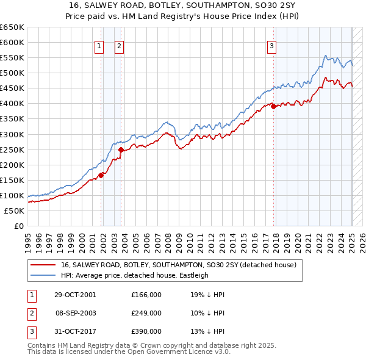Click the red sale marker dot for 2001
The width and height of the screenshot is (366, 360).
(101, 175)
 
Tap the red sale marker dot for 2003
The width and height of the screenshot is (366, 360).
(121, 149)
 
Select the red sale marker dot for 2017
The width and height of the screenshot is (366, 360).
(273, 106)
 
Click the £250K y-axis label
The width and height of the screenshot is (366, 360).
(12, 149)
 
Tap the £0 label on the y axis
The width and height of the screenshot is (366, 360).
(18, 226)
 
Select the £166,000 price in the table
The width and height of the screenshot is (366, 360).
(146, 294)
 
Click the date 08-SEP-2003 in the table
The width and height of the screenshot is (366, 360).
(76, 313)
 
